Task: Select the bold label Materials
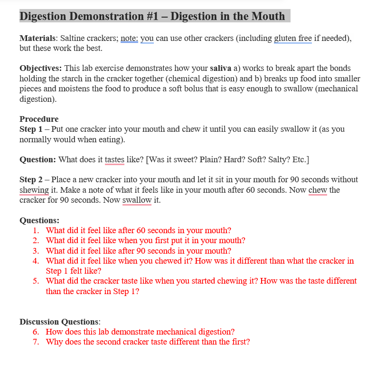(x=37, y=39)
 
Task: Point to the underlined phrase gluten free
(x=292, y=39)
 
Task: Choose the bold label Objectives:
(x=40, y=69)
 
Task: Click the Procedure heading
(x=39, y=119)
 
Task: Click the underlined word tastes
(x=114, y=159)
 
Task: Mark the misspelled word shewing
(x=34, y=190)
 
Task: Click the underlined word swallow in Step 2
(x=137, y=200)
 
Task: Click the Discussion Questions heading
(x=59, y=322)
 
